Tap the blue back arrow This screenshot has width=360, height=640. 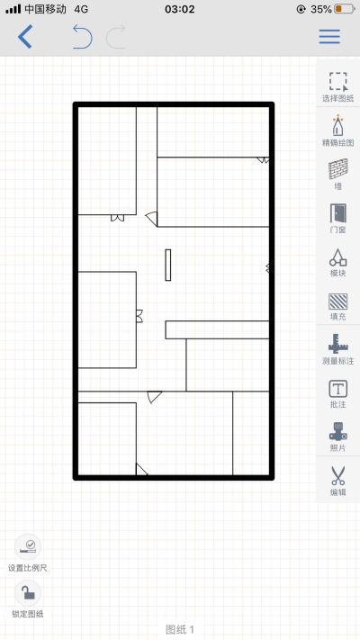point(25,37)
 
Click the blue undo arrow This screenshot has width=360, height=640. point(82,37)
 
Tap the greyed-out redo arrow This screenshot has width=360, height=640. point(116,37)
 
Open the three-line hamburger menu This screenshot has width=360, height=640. point(329,37)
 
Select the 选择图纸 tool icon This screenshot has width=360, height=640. point(338,82)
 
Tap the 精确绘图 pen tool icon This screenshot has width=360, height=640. point(338,125)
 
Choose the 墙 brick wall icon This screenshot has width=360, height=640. point(338,169)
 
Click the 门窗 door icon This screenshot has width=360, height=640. point(338,213)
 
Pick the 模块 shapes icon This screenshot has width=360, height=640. point(338,257)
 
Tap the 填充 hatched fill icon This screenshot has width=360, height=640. point(338,302)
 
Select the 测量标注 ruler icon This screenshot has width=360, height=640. point(338,344)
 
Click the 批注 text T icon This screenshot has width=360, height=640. point(338,389)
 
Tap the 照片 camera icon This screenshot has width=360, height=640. point(338,431)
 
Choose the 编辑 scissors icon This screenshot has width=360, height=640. point(338,475)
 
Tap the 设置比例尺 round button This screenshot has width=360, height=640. point(28,546)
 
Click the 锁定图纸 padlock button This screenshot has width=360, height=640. point(28,593)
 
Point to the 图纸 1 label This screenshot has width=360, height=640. point(180,629)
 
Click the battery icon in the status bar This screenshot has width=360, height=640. point(345,9)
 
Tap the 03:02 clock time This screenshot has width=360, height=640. point(180,9)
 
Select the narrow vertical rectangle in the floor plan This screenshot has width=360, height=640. point(167,265)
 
